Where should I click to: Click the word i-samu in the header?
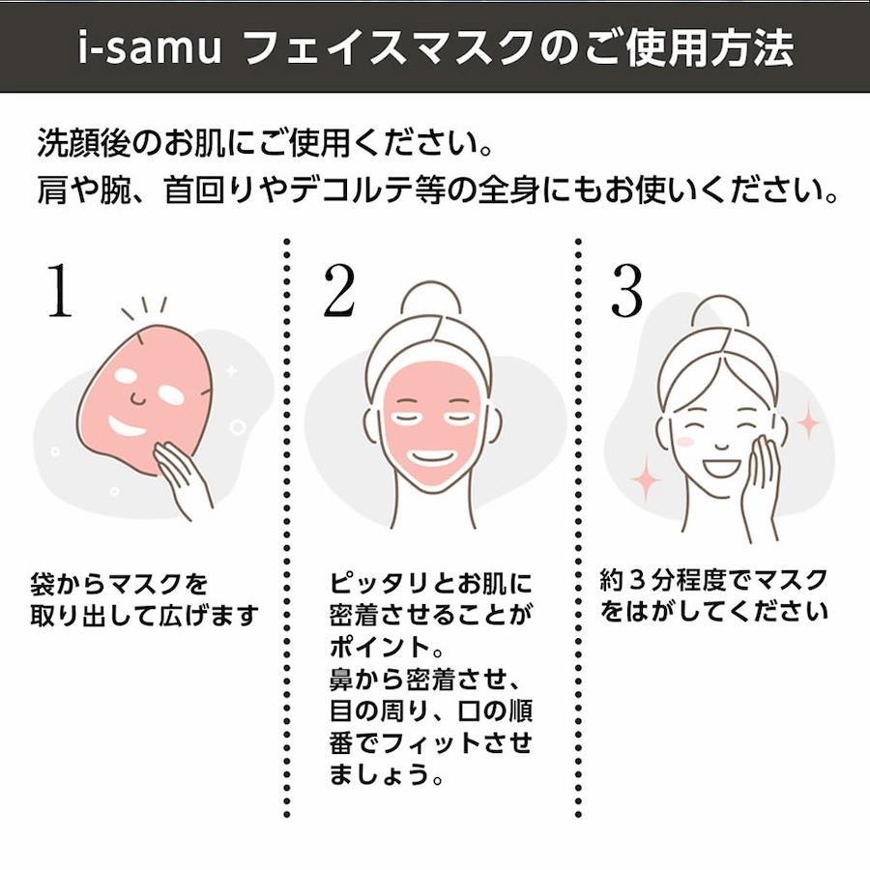pyautogui.click(x=149, y=46)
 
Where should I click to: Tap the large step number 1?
pyautogui.click(x=60, y=290)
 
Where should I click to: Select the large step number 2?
pyautogui.click(x=339, y=291)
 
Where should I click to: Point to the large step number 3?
pyautogui.click(x=626, y=290)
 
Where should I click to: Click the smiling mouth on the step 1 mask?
pyautogui.click(x=127, y=426)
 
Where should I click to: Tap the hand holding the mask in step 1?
pyautogui.click(x=182, y=478)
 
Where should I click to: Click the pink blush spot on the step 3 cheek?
pyautogui.click(x=685, y=442)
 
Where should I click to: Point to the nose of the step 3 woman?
pyautogui.click(x=721, y=445)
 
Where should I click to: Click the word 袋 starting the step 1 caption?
pyautogui.click(x=43, y=584)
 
